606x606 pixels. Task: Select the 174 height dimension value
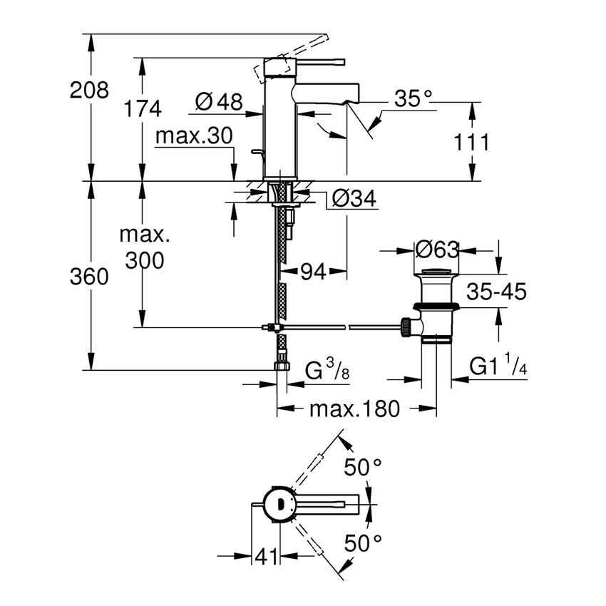(x=143, y=109)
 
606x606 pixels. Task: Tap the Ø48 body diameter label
(x=218, y=102)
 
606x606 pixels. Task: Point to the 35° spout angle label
(x=414, y=99)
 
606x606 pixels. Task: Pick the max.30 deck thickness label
(x=195, y=135)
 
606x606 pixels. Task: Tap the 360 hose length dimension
(x=90, y=277)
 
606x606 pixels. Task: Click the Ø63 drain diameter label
(x=436, y=250)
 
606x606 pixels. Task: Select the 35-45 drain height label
(x=496, y=292)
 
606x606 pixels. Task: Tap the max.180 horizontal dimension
(x=354, y=409)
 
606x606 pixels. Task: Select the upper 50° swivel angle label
(x=364, y=468)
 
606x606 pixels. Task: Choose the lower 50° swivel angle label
(x=364, y=544)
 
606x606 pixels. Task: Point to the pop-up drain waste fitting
(x=435, y=307)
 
